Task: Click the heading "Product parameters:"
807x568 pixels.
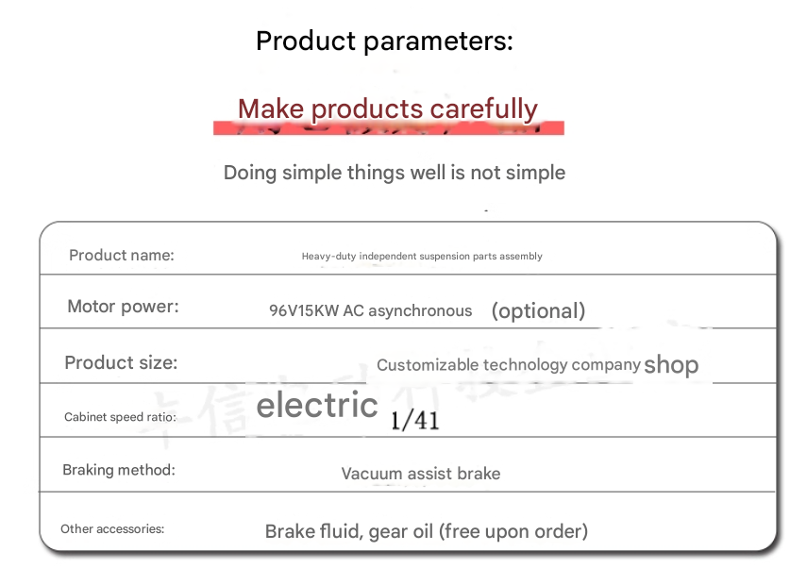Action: [384, 42]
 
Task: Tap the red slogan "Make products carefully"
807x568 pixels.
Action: [388, 109]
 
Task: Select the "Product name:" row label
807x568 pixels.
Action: [122, 255]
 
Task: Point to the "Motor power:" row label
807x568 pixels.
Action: [123, 307]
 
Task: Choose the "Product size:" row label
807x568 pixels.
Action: [121, 362]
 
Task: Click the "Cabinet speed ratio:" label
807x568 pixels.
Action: [120, 417]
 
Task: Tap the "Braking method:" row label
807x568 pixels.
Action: [119, 470]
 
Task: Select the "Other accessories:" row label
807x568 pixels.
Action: [112, 529]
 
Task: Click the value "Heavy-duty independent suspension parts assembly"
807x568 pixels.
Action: [422, 257]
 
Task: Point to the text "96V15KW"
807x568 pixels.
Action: [304, 310]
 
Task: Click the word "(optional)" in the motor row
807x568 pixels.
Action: [538, 311]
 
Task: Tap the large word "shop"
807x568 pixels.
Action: [671, 365]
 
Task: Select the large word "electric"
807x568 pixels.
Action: [317, 405]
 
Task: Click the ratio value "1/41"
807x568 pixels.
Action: [414, 421]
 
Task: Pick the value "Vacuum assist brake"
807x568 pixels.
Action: [420, 474]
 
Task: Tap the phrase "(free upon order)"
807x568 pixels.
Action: [513, 531]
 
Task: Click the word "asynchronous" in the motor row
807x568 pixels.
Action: [420, 311]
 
